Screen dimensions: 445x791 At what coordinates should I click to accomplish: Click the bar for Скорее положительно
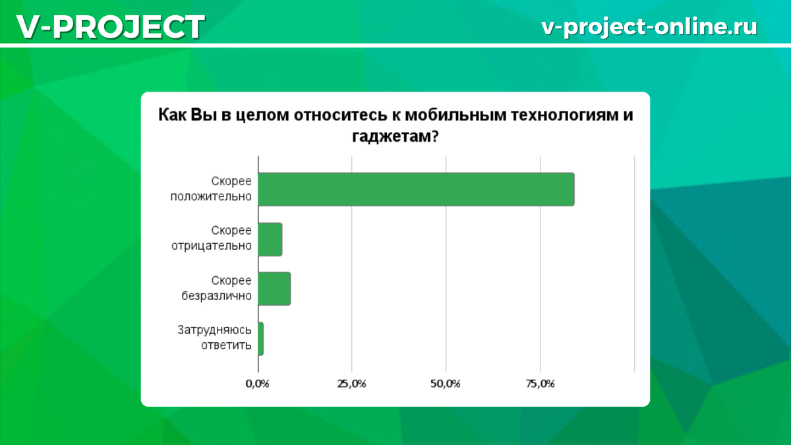click(415, 189)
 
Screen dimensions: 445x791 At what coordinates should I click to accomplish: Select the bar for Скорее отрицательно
click(270, 239)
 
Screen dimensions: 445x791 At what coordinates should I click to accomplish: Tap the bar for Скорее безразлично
click(274, 289)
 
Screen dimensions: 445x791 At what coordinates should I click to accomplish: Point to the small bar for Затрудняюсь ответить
click(261, 339)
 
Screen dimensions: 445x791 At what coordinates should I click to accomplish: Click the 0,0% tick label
click(257, 384)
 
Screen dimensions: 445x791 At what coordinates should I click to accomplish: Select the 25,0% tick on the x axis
click(351, 384)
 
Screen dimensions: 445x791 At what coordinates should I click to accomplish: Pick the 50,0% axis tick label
click(446, 384)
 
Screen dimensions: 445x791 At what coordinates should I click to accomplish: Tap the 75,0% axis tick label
click(540, 384)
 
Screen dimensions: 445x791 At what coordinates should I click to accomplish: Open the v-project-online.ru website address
click(649, 26)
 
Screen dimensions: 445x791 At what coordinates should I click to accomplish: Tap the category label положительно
click(210, 196)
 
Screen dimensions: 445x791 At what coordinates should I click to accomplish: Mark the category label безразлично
click(216, 296)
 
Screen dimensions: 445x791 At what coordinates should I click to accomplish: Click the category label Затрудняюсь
click(214, 330)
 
